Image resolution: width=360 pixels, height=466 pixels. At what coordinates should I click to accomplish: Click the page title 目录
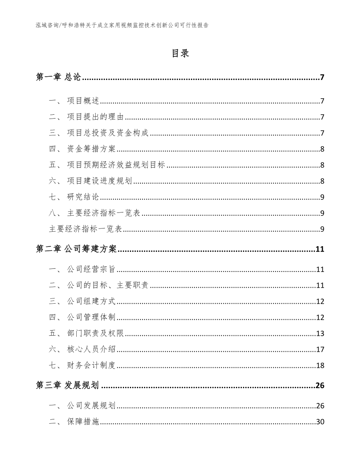180,54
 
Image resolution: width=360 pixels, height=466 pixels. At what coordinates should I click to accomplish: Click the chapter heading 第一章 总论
58,77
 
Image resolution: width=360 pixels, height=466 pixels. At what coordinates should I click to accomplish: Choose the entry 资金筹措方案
92,149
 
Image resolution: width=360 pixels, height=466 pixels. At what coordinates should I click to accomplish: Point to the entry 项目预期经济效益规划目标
116,165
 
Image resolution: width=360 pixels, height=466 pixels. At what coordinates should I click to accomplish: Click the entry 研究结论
83,197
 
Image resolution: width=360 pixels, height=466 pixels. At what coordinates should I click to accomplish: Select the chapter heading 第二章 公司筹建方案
76,249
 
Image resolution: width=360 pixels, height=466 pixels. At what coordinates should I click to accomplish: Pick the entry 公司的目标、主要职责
108,285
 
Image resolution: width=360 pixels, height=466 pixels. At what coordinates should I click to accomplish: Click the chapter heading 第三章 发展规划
68,386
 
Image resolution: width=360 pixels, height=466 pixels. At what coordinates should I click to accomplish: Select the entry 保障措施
83,422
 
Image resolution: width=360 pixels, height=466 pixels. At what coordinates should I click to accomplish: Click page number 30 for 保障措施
320,422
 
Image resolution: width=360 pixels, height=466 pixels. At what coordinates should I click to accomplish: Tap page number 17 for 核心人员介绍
320,349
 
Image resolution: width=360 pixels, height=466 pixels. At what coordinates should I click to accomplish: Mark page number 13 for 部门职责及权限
320,333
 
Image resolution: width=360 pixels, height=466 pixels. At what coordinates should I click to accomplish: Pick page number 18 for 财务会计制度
320,365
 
